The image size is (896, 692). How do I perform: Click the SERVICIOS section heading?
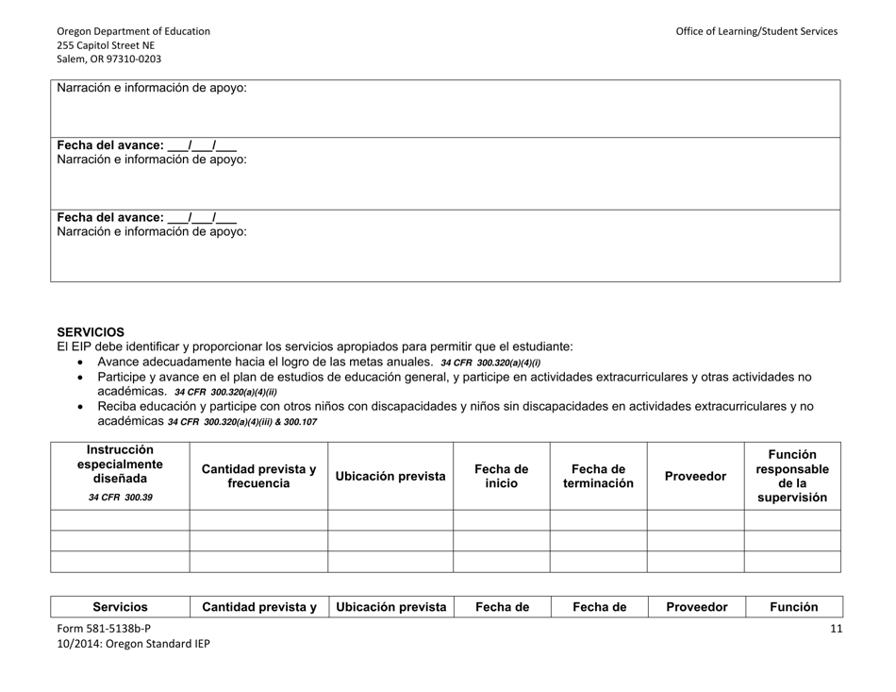(x=91, y=332)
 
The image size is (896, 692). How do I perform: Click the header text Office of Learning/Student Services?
(x=755, y=31)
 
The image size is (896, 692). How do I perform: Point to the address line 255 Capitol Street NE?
(x=106, y=44)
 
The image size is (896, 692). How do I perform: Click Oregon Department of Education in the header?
(x=133, y=31)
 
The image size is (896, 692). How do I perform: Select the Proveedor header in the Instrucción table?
(x=695, y=476)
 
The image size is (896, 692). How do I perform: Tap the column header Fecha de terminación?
(x=598, y=476)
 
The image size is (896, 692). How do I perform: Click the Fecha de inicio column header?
(x=501, y=476)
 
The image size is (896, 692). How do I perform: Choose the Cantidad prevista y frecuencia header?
(x=258, y=476)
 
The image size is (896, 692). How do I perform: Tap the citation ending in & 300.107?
(x=242, y=422)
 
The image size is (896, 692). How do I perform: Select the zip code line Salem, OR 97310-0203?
(x=108, y=59)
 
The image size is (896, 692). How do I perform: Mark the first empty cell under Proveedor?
(x=695, y=520)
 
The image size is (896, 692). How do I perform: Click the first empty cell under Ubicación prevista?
(x=390, y=520)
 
